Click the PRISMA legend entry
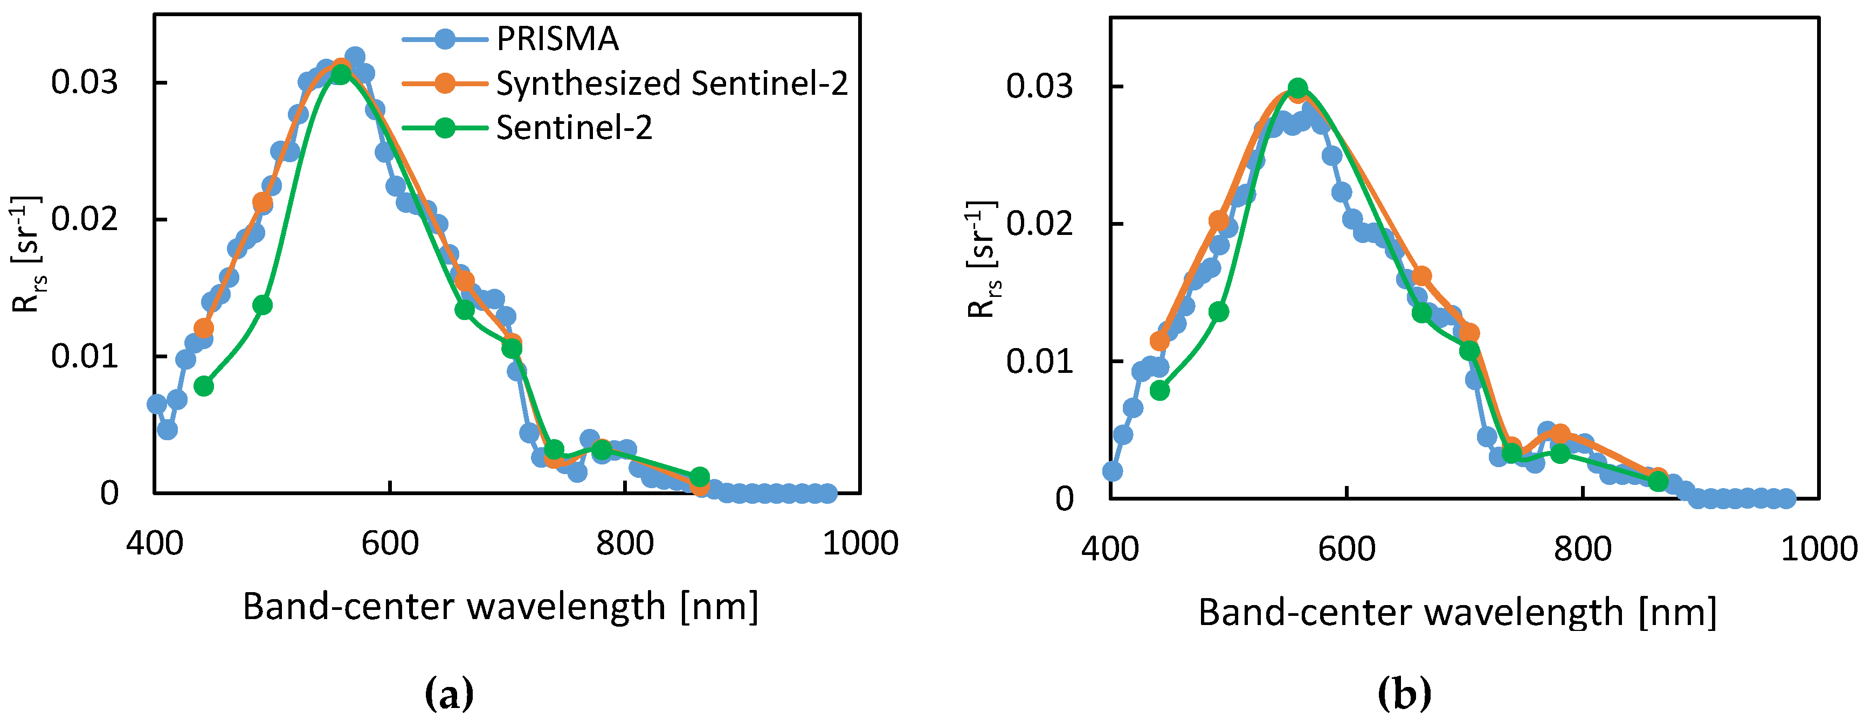pos(557,38)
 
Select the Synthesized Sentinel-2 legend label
pos(671,84)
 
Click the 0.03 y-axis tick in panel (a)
pos(84,82)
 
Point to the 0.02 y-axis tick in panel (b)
pos(1039,223)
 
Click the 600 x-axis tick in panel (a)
pos(390,543)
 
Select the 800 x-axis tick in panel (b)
pos(1582,549)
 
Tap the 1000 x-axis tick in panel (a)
pos(860,543)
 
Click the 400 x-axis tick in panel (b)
pos(1110,549)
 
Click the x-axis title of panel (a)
pos(500,607)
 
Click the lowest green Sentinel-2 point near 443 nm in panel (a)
pos(204,386)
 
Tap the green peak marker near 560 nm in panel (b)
pos(1298,88)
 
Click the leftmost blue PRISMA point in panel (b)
pos(1112,471)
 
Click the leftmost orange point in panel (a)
pos(204,328)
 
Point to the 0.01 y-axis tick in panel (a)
pos(84,357)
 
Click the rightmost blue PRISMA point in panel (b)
pos(1787,498)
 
